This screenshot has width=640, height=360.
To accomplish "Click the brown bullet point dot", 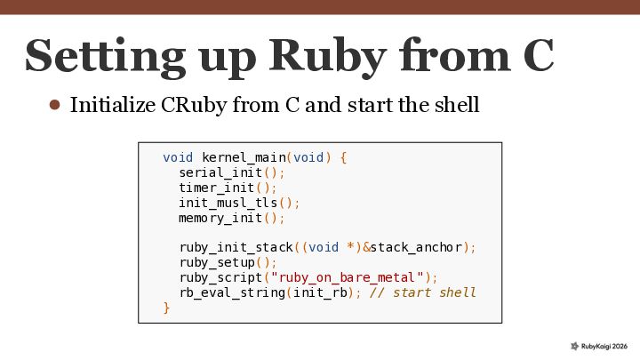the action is [x=54, y=105].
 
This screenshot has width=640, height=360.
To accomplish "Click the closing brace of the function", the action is [x=166, y=308].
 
